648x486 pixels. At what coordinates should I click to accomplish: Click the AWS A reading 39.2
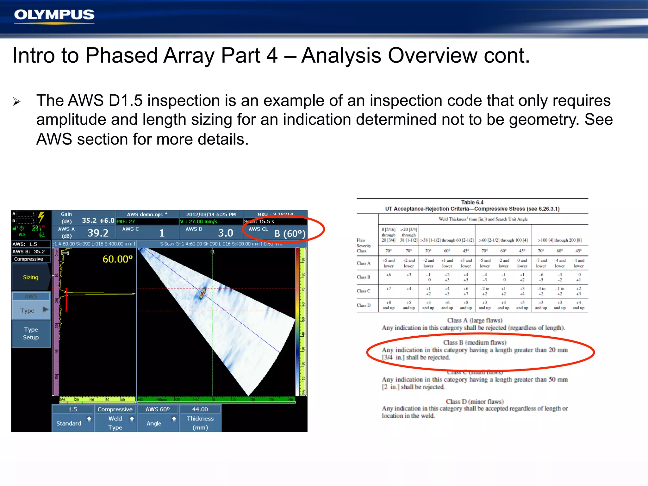(98, 233)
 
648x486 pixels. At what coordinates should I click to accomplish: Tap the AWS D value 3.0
(225, 233)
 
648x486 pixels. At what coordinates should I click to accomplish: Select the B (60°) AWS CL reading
(290, 234)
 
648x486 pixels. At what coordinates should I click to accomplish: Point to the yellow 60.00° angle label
(117, 259)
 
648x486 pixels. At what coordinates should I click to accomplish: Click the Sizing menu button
(31, 277)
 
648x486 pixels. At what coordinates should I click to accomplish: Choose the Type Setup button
(31, 333)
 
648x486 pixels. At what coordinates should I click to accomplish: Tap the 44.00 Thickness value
(200, 409)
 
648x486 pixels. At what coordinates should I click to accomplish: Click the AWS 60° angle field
(158, 409)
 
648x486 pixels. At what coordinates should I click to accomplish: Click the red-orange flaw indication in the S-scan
(202, 293)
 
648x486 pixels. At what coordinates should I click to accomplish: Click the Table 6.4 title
(472, 202)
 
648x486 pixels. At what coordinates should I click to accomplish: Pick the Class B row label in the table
(363, 277)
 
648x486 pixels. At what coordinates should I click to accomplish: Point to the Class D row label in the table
(363, 305)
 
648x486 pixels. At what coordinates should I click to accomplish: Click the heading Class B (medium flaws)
(475, 342)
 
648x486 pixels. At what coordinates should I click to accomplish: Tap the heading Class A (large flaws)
(475, 320)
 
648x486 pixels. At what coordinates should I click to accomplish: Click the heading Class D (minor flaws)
(475, 402)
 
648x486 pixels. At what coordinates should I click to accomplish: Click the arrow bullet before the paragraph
(17, 102)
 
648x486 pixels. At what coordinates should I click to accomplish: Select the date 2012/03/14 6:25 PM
(211, 215)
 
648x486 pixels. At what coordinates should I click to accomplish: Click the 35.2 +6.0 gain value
(98, 221)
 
